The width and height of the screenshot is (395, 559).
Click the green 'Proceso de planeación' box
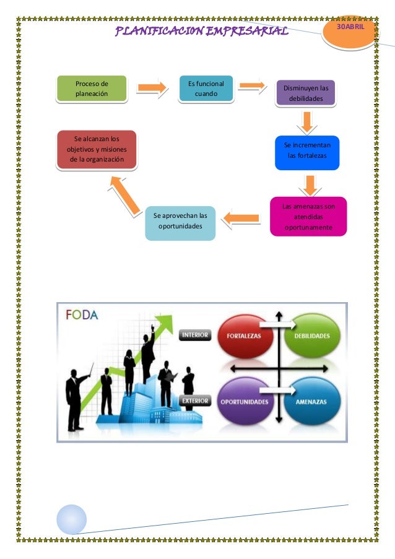click(x=91, y=89)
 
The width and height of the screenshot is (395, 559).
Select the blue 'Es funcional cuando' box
click(x=206, y=89)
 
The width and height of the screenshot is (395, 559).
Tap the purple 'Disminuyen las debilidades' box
click(x=306, y=93)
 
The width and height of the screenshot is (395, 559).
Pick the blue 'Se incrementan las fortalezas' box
click(x=307, y=152)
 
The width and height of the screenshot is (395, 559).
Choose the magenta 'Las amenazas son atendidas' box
click(x=308, y=216)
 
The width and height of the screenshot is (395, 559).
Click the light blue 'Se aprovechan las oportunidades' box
click(x=180, y=222)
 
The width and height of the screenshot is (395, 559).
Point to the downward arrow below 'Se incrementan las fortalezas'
click(x=310, y=184)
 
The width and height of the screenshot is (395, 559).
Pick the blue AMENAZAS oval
click(x=312, y=401)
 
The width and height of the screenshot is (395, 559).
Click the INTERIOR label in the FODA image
click(x=195, y=335)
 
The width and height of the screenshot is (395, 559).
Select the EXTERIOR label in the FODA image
click(x=195, y=401)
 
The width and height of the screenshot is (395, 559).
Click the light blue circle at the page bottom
click(x=72, y=519)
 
